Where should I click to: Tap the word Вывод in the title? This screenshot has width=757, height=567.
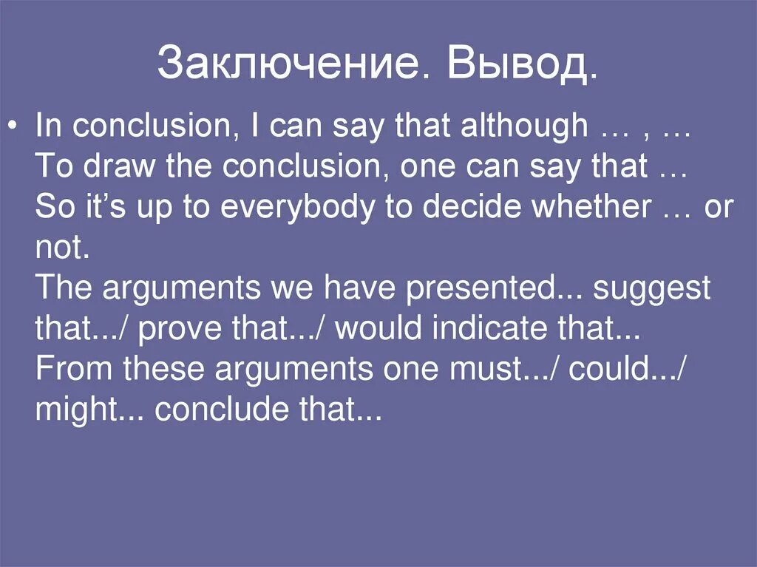click(x=515, y=64)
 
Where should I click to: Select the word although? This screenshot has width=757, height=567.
click(x=523, y=126)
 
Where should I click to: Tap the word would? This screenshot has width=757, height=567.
click(x=378, y=328)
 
